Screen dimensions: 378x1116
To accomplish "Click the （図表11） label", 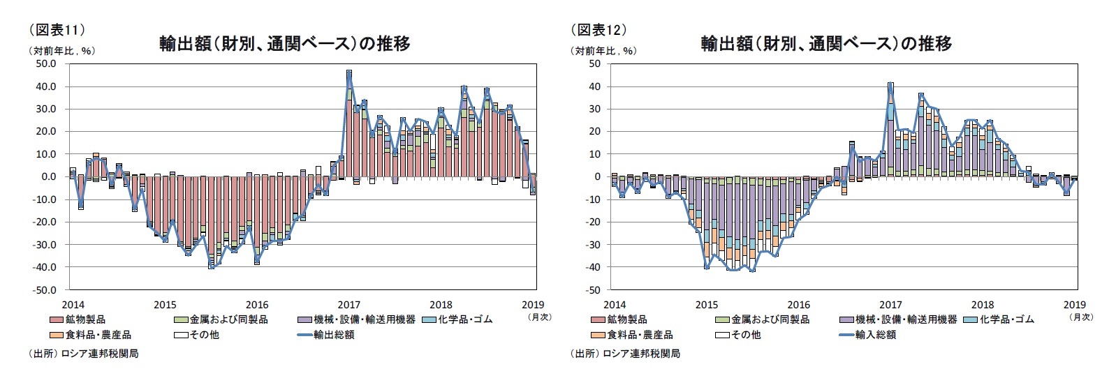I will (57, 29).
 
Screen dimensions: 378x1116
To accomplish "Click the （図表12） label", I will (599, 29).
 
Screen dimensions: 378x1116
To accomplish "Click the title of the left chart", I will (284, 43).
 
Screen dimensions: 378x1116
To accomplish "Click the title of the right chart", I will (826, 43).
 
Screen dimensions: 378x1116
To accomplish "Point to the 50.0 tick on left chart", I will (45, 63).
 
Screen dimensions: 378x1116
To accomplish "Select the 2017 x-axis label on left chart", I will (349, 304).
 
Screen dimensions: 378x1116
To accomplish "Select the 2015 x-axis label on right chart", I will (707, 304).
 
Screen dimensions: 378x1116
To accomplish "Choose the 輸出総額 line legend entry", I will (334, 335).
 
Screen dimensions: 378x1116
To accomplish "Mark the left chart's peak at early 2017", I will (349, 71).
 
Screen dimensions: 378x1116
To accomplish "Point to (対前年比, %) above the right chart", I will (603, 51).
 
